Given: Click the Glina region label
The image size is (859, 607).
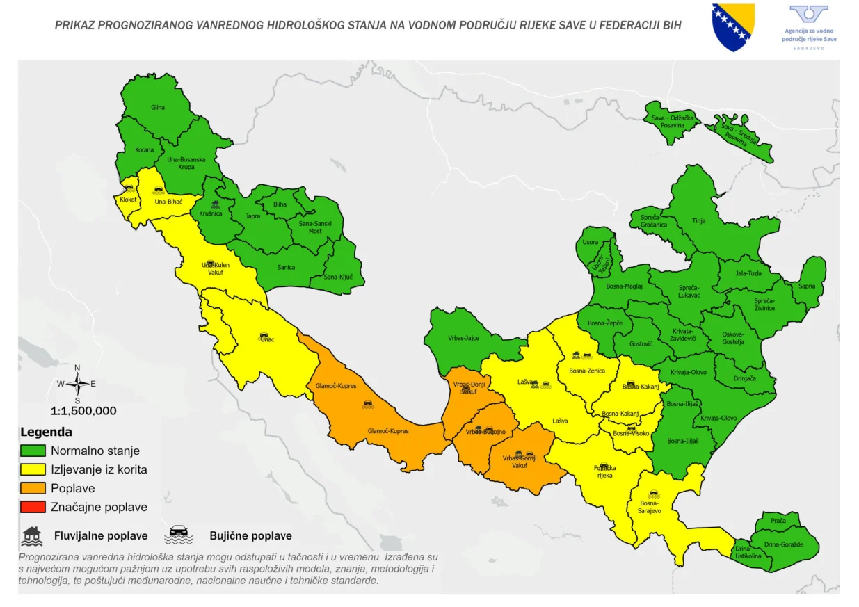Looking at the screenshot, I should pyautogui.click(x=158, y=108).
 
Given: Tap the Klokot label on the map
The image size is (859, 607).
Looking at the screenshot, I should pyautogui.click(x=129, y=200).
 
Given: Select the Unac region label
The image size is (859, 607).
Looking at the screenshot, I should pyautogui.click(x=267, y=339).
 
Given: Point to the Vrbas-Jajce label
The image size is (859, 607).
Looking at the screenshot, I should pyautogui.click(x=463, y=338).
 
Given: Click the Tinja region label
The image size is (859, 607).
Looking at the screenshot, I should pyautogui.click(x=698, y=220).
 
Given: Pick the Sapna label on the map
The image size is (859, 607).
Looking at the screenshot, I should pyautogui.click(x=807, y=286).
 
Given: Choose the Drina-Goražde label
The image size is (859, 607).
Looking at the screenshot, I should pyautogui.click(x=784, y=544).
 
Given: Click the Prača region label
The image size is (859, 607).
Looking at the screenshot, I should pyautogui.click(x=778, y=521).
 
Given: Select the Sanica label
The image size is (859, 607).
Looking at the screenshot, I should pyautogui.click(x=286, y=267).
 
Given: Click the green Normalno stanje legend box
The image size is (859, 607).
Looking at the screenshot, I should pyautogui.click(x=33, y=451).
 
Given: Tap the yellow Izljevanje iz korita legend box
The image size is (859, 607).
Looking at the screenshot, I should pyautogui.click(x=33, y=469).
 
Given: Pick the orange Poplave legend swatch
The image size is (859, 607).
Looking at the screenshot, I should pyautogui.click(x=33, y=488).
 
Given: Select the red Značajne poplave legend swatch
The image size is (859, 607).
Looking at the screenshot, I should pyautogui.click(x=33, y=507).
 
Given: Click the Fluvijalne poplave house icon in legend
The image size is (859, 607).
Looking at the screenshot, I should pyautogui.click(x=31, y=535).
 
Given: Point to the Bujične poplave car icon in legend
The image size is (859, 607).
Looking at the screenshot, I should pyautogui.click(x=178, y=535).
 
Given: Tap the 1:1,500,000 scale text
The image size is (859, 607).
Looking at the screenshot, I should pyautogui.click(x=83, y=410).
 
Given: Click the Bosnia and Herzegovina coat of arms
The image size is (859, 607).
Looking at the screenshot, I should pyautogui.click(x=733, y=26).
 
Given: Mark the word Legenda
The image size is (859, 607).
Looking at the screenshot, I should pyautogui.click(x=46, y=432).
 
